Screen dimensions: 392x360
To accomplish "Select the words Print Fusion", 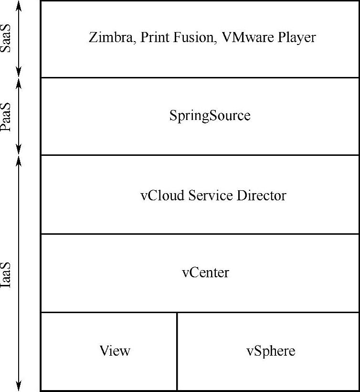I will [x=177, y=37].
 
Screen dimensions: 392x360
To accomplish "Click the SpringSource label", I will [x=210, y=116].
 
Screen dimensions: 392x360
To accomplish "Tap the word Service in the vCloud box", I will [x=211, y=196].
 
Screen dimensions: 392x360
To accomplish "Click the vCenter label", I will [x=205, y=272].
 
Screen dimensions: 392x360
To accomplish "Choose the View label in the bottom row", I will [x=115, y=351].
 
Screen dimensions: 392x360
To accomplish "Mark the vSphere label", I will [x=271, y=351].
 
